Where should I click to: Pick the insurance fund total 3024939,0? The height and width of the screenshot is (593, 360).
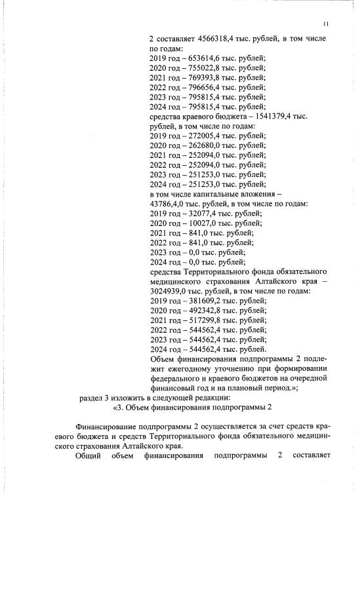click(x=172, y=291)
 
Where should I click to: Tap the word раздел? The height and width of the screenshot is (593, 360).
click(x=91, y=398)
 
